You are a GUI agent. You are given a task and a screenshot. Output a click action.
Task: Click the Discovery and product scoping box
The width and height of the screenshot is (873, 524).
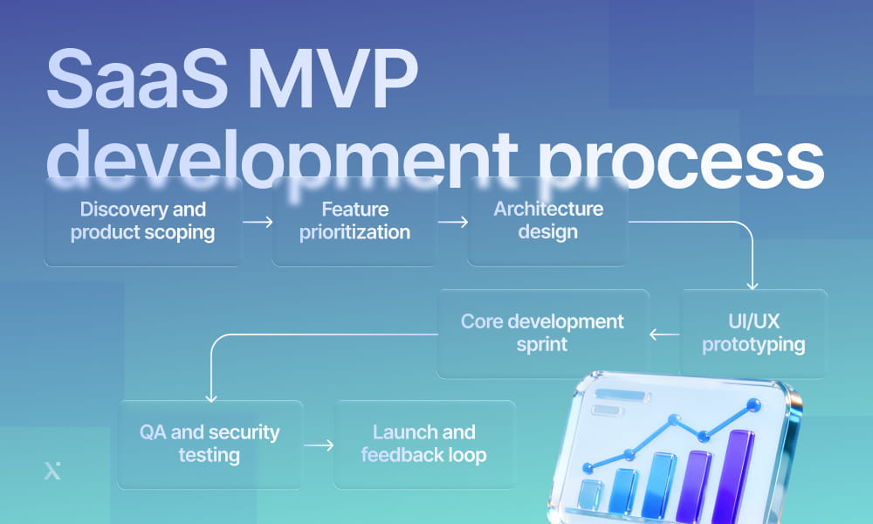click(142, 222)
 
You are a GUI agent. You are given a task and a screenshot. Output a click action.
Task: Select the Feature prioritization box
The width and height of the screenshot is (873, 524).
click(354, 222)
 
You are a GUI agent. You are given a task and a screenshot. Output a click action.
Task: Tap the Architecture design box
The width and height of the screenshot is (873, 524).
click(547, 221)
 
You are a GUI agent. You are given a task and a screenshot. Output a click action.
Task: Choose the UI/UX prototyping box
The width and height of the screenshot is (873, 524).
click(753, 334)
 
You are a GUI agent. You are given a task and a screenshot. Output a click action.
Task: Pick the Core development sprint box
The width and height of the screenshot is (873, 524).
click(542, 333)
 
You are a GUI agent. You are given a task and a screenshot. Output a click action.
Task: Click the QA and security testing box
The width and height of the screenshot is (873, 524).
click(210, 444)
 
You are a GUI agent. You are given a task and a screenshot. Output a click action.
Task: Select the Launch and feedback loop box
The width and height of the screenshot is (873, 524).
click(424, 444)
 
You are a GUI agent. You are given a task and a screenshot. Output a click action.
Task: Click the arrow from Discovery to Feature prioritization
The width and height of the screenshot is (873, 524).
click(257, 223)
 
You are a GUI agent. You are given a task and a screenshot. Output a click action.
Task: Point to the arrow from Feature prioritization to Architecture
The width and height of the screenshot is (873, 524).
click(452, 223)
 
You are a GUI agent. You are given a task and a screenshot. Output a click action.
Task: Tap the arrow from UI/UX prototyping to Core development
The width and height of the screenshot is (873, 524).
click(664, 333)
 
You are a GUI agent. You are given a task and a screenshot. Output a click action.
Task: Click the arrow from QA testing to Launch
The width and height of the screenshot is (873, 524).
click(319, 445)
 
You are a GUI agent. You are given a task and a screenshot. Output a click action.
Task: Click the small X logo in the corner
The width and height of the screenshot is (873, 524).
click(52, 471)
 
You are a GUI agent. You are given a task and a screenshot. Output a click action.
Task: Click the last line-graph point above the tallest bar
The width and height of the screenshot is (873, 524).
click(753, 404)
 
